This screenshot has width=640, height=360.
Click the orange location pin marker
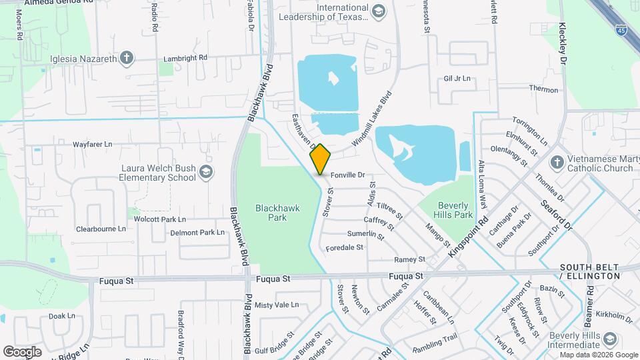click(x=321, y=159)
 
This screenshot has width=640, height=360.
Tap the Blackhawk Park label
click(x=277, y=213)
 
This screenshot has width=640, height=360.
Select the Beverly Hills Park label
click(x=455, y=210)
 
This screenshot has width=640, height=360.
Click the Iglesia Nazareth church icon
click(x=127, y=59)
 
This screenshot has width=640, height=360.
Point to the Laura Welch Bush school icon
click(x=207, y=173)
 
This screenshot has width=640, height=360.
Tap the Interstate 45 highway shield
click(x=621, y=30)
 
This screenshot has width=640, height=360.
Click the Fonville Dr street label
click(x=349, y=175)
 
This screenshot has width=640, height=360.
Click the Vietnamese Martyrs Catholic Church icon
click(x=557, y=163)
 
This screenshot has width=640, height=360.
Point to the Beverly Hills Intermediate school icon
click(x=609, y=340)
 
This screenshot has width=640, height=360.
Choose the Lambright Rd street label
click(x=183, y=59)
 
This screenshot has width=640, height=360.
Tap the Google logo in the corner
click(x=22, y=351)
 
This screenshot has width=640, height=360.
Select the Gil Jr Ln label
click(x=457, y=79)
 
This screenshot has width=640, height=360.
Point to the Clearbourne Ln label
click(x=101, y=229)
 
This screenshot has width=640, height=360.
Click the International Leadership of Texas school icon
click(x=379, y=11)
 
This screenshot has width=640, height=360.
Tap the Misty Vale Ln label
click(x=276, y=305)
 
